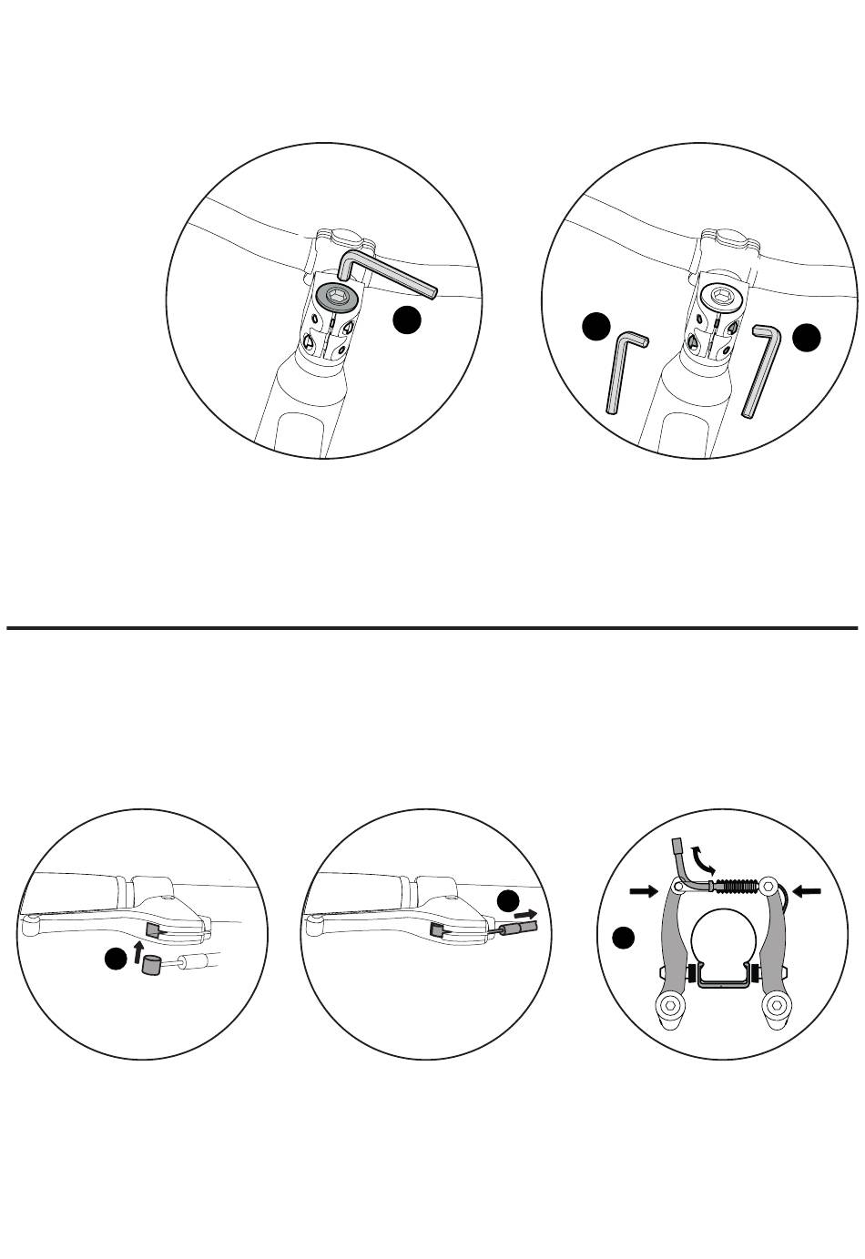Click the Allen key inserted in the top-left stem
click(x=392, y=278)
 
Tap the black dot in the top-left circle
click(x=407, y=320)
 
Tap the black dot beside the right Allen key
click(x=807, y=337)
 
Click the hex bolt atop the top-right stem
click(x=720, y=295)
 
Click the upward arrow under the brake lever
click(x=139, y=953)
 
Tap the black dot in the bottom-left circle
click(x=114, y=959)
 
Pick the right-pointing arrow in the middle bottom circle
click(x=526, y=911)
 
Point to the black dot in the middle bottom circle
click(x=508, y=900)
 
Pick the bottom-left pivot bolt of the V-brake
click(x=669, y=1005)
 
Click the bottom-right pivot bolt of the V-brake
click(x=775, y=1005)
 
